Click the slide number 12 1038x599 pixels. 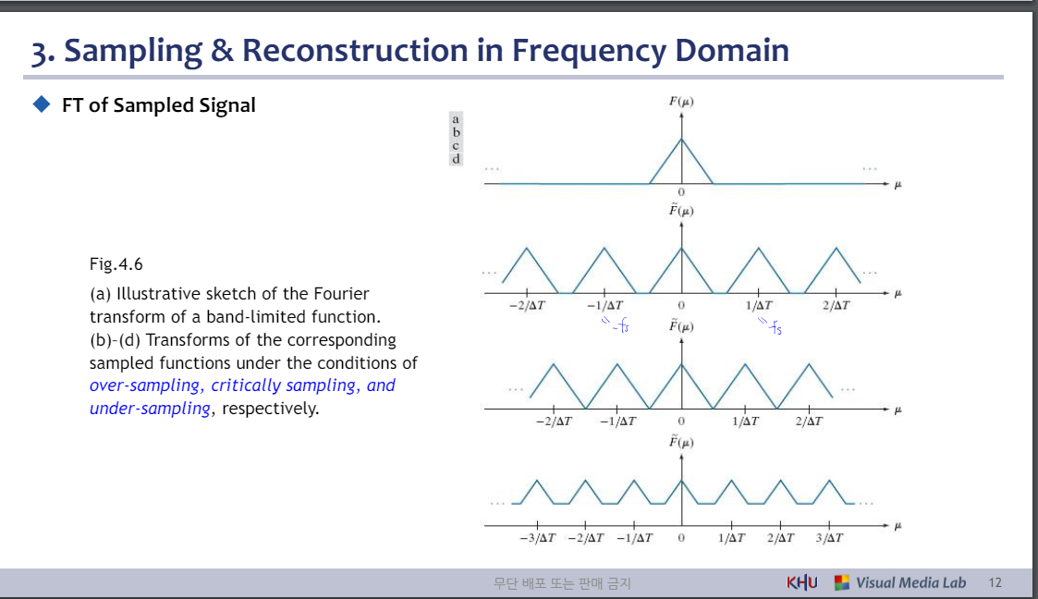point(995,582)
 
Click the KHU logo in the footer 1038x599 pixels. point(801,582)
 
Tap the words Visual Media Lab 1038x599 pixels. point(910,582)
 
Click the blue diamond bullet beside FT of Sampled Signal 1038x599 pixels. point(41,104)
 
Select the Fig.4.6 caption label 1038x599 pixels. point(116,264)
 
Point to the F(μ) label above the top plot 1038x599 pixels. point(681,101)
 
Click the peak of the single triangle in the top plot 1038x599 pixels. point(681,139)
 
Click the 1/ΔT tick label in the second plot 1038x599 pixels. point(759,305)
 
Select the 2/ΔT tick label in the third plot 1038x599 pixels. point(809,421)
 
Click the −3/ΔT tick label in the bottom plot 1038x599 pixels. point(537,537)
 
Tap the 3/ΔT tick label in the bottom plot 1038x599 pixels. point(829,537)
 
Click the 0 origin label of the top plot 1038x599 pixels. point(681,191)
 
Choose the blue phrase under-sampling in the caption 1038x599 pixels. point(150,409)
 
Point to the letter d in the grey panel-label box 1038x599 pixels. point(456,158)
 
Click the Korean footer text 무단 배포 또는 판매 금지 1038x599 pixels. point(563,583)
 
